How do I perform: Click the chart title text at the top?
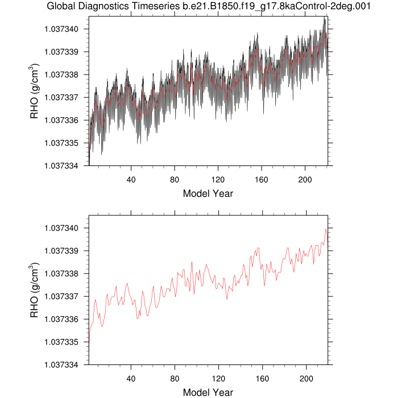tap(208, 7)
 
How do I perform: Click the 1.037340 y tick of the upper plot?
tap(64, 29)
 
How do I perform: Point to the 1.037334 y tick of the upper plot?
tap(64, 165)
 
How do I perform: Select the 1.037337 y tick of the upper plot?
tap(64, 97)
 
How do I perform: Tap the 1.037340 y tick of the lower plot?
tap(64, 228)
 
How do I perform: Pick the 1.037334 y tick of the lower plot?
tap(64, 364)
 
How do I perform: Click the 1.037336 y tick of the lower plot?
tap(64, 319)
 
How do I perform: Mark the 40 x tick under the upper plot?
tap(131, 176)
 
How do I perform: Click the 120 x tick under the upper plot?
tap(218, 176)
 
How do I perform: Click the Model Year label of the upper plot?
tap(208, 193)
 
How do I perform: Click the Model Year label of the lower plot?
tap(208, 392)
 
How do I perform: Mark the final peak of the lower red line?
tap(326, 229)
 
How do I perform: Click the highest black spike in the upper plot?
tap(325, 17)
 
